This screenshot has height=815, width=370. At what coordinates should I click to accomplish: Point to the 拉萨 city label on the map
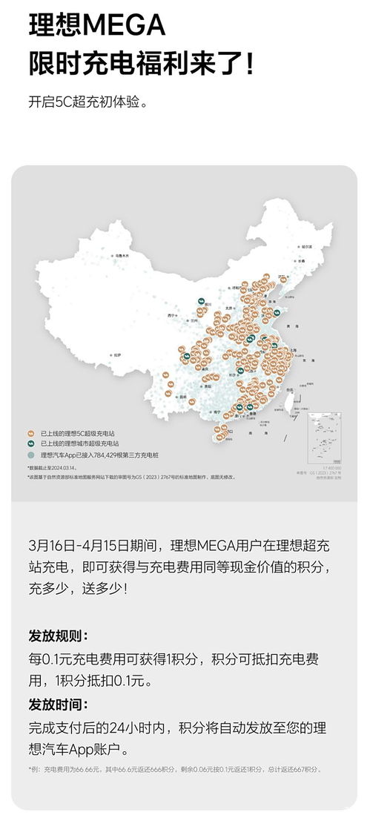pyautogui.click(x=117, y=356)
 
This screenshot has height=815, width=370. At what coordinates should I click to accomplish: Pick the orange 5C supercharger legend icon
pyautogui.click(x=31, y=432)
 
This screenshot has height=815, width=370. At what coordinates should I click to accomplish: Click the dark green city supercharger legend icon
pyautogui.click(x=31, y=443)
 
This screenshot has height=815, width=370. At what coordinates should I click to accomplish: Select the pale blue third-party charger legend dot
pyautogui.click(x=31, y=454)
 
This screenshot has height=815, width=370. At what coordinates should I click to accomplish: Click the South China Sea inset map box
pyautogui.click(x=324, y=438)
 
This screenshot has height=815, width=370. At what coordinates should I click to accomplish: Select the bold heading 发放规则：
pyautogui.click(x=58, y=636)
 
